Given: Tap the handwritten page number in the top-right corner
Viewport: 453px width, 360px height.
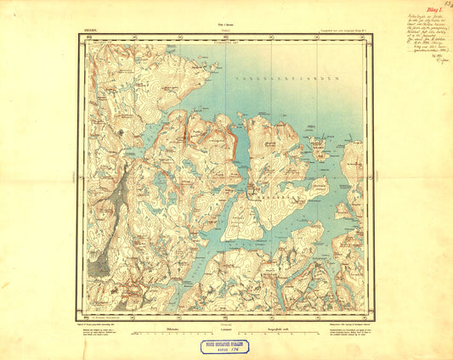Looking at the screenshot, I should [445, 6].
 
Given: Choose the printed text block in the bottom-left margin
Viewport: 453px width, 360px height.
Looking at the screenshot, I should [106, 329].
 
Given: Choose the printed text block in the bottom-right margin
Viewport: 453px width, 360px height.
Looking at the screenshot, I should [343, 329].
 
